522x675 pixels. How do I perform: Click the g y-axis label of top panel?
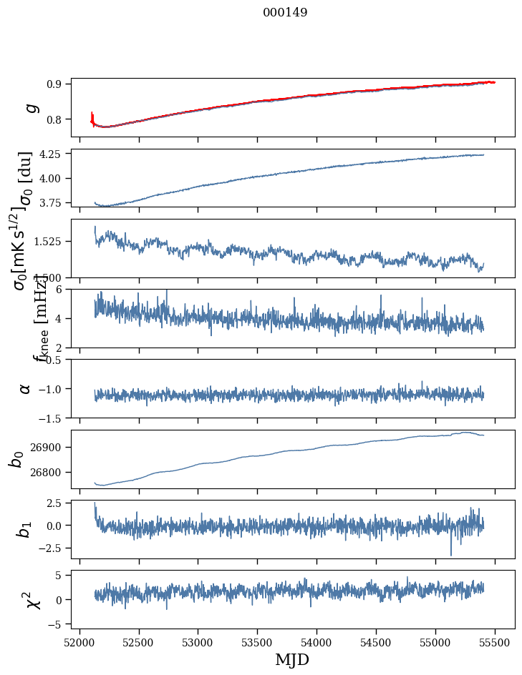[31, 107]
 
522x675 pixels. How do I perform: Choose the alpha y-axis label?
[26, 388]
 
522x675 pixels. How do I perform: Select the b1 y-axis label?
[24, 529]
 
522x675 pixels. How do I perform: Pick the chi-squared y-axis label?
[33, 599]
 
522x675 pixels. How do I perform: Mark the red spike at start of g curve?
[92, 117]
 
